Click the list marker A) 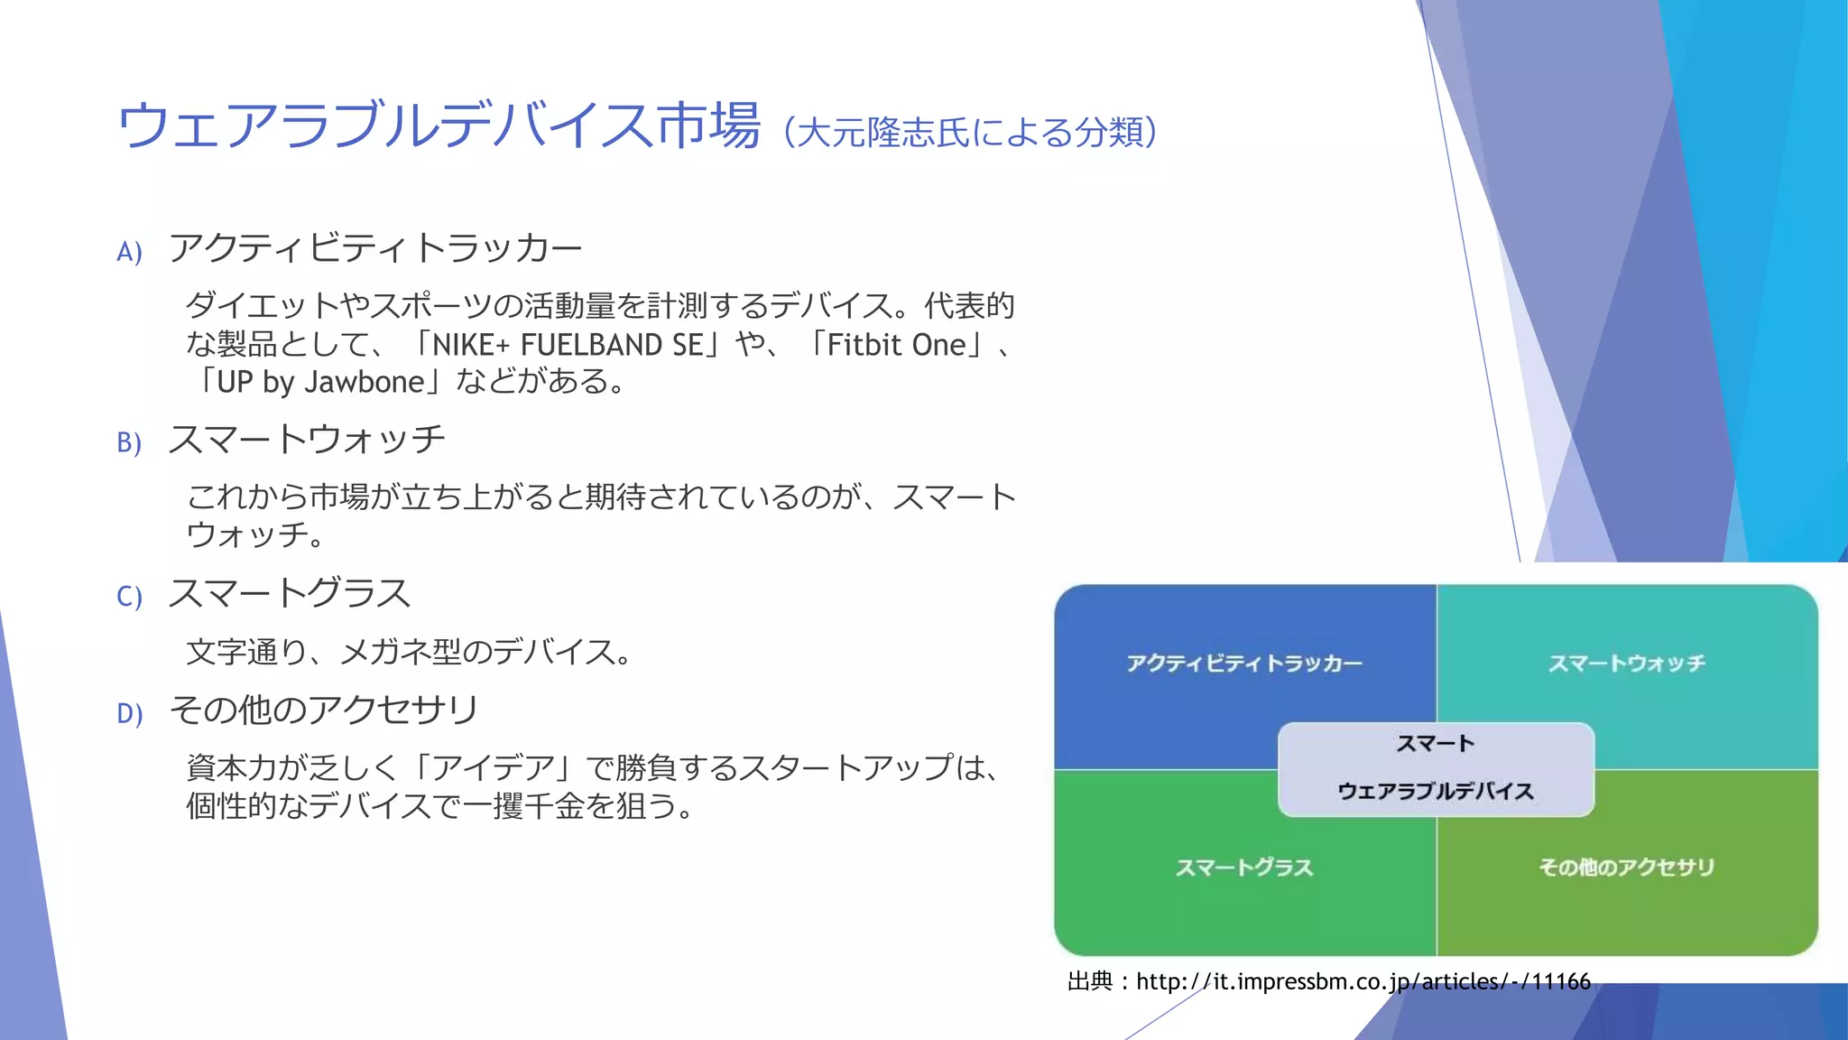(129, 252)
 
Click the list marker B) (129, 442)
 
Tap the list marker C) (129, 597)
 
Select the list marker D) (129, 714)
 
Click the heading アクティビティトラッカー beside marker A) (375, 248)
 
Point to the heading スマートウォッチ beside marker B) (307, 440)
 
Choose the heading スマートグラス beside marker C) (290, 594)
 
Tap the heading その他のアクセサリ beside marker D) (324, 710)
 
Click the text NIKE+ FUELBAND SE (568, 345)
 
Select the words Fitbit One (896, 345)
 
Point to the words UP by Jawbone (320, 383)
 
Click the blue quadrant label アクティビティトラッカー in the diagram (1244, 664)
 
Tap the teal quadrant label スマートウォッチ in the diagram (1627, 664)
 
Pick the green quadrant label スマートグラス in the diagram (1244, 868)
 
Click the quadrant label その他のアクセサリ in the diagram (1627, 868)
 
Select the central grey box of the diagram (1436, 769)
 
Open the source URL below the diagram (1363, 981)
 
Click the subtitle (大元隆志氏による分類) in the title (971, 133)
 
